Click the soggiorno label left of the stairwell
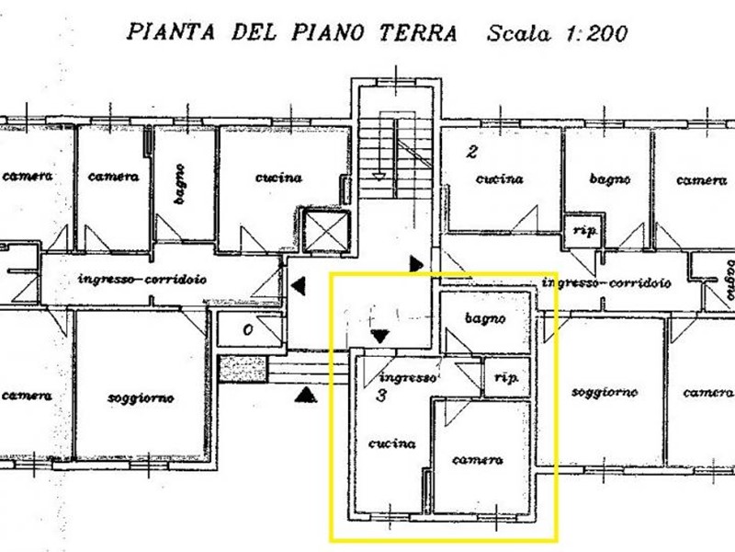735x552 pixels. (141, 397)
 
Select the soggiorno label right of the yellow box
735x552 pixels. (605, 392)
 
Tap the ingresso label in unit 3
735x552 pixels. (407, 377)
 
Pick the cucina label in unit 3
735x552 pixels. (392, 443)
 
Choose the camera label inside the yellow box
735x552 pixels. (478, 459)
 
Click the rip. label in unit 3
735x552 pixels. (504, 377)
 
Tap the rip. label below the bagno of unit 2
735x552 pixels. (582, 230)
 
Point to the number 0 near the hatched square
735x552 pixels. (248, 329)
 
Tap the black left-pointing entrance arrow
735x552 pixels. (299, 287)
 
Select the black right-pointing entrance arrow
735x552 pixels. (418, 265)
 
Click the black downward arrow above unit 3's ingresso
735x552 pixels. (379, 338)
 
